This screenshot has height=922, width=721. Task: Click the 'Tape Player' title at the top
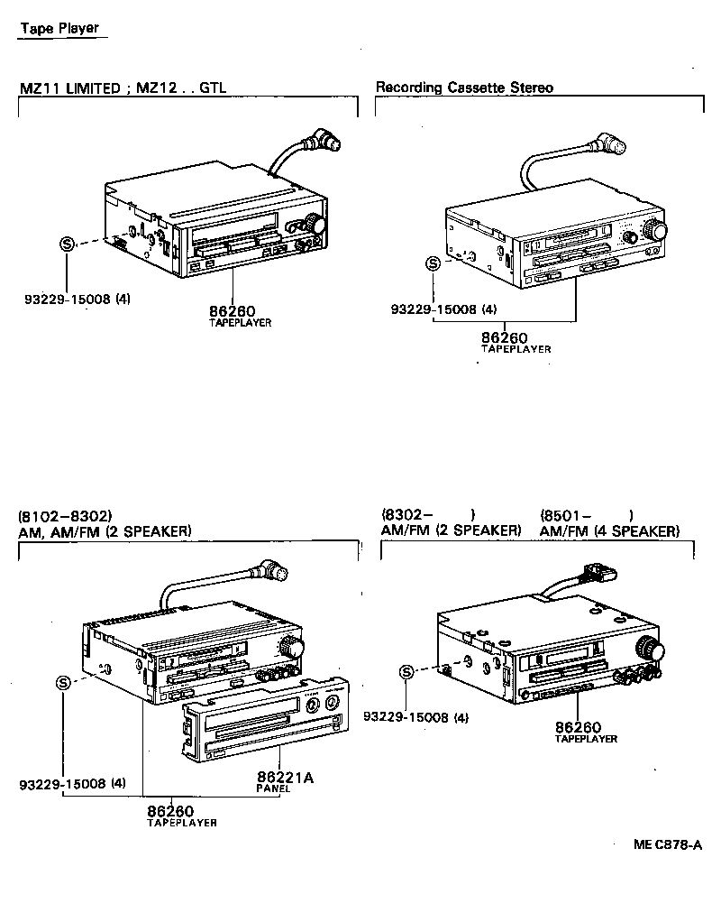pos(59,28)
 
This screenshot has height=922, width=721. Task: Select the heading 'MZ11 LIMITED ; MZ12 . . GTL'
pos(123,88)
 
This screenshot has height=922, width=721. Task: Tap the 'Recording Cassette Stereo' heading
pos(464,88)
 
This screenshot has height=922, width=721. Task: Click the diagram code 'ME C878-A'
pos(667,845)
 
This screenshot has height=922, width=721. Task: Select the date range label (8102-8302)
pos(65,516)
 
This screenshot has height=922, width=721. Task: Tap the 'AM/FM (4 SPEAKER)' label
pos(609,531)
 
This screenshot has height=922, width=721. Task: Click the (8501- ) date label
pos(586,516)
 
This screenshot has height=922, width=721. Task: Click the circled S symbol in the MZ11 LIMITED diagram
pos(67,244)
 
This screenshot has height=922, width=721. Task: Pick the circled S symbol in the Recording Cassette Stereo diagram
pos(434,263)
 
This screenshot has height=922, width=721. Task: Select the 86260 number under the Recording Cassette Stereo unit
pos(504,337)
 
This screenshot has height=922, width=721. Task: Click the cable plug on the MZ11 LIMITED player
pos(321,142)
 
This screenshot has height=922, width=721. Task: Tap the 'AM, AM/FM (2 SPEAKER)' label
pos(105,531)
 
